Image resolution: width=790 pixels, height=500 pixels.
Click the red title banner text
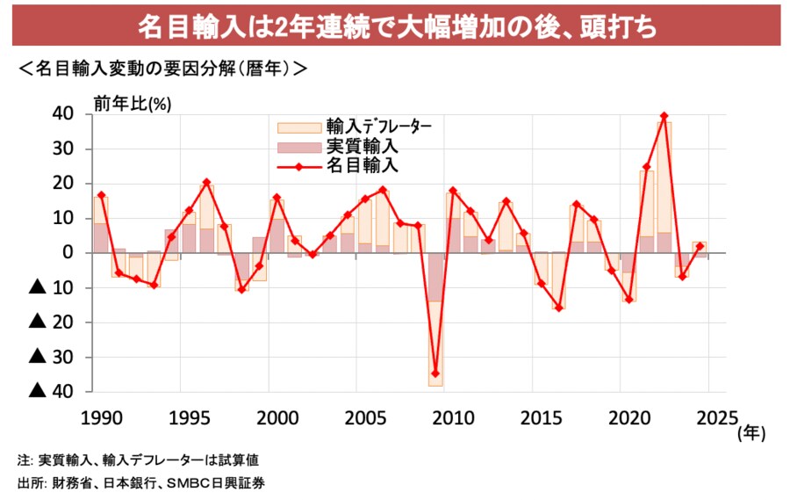pyautogui.click(x=396, y=25)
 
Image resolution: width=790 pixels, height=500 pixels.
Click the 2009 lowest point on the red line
pyautogui.click(x=435, y=373)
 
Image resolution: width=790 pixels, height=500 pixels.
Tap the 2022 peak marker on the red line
pyautogui.click(x=664, y=116)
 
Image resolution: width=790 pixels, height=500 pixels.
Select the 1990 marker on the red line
pyautogui.click(x=102, y=195)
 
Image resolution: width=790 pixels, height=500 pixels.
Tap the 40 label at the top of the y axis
pyautogui.click(x=63, y=113)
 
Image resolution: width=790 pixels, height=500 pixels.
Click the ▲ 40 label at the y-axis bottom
pyautogui.click(x=52, y=391)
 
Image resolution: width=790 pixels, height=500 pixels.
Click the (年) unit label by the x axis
pyautogui.click(x=752, y=431)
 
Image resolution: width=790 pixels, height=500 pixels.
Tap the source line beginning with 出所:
pyautogui.click(x=141, y=482)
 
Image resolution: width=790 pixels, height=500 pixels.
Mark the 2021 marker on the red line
pyautogui.click(x=647, y=166)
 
